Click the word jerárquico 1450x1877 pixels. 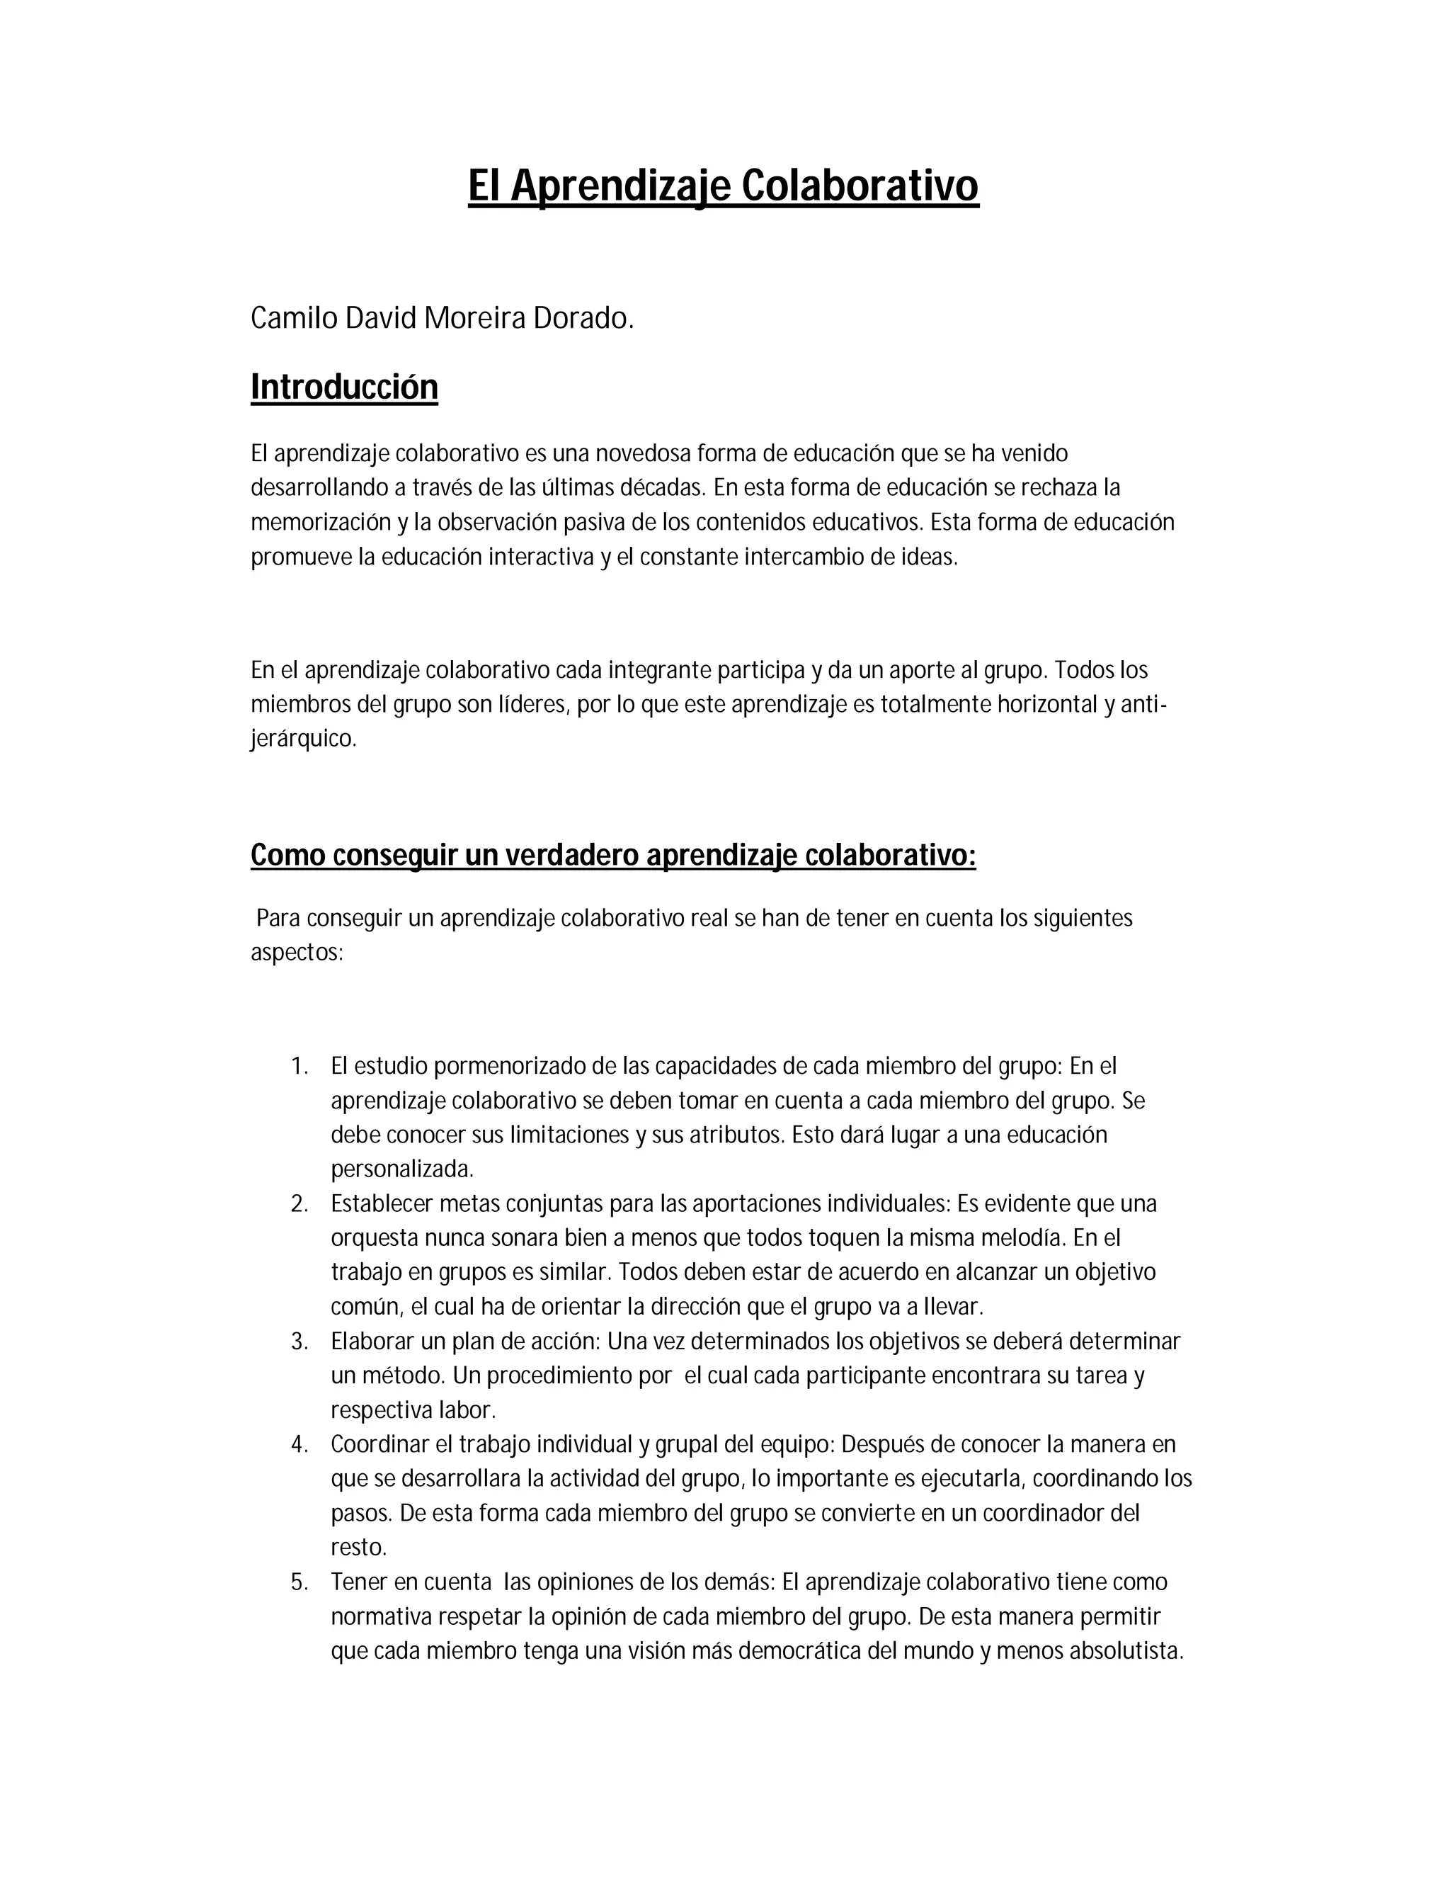coord(303,739)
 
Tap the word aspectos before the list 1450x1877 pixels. coord(297,953)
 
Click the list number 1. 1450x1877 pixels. coord(298,1067)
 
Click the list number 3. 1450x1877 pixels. coord(298,1342)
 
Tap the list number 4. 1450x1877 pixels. coord(298,1445)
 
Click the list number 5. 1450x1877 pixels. coord(298,1582)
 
